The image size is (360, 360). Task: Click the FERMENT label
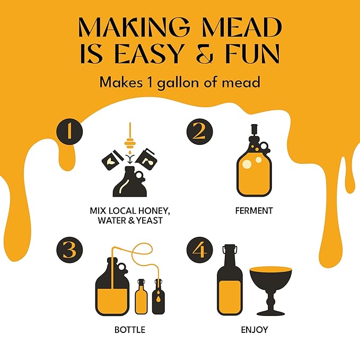pyautogui.click(x=254, y=210)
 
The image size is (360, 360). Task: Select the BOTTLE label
pyautogui.click(x=129, y=330)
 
